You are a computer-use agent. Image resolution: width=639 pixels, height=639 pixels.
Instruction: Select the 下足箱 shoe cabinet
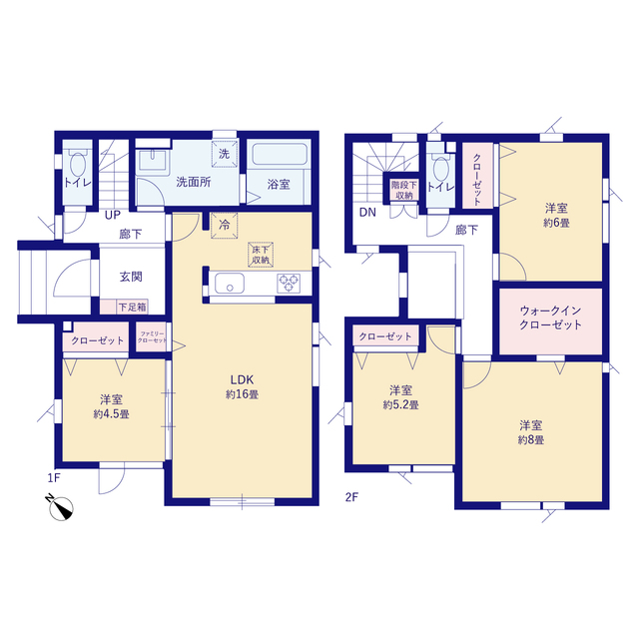131,307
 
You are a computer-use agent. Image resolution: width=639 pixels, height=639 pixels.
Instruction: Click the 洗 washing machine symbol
224,154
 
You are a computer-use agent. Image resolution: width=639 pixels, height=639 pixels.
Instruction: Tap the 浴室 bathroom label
278,184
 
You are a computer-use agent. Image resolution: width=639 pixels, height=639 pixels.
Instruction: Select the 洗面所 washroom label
192,183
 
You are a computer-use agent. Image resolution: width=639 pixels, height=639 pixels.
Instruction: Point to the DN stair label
366,213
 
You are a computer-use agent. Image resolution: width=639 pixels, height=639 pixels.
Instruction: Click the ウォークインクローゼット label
550,318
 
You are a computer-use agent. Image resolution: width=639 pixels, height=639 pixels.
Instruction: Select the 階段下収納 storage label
402,190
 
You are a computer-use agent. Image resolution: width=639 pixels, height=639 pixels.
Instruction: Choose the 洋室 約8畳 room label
530,431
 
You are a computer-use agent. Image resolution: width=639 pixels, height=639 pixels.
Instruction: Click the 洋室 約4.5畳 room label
110,405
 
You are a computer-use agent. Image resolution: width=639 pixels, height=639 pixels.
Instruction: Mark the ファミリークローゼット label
152,339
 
